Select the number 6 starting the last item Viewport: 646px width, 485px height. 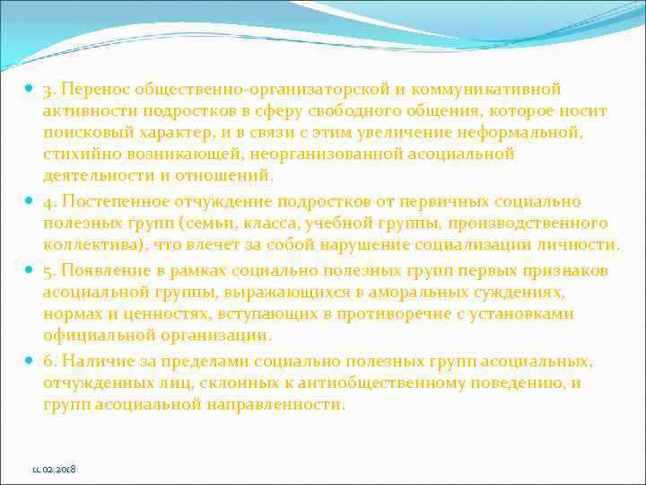click(48, 361)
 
